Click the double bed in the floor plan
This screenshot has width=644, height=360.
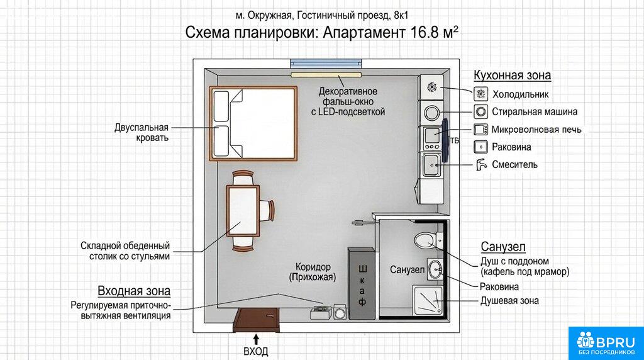(x=253, y=123)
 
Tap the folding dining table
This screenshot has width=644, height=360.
(x=243, y=211)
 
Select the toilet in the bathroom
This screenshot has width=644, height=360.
(x=428, y=240)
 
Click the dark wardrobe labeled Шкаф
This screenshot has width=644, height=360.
(x=362, y=283)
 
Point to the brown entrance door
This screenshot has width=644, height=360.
(x=257, y=320)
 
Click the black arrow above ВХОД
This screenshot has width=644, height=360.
(x=257, y=339)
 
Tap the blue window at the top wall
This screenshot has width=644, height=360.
(x=326, y=64)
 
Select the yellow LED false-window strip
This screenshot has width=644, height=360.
(x=326, y=75)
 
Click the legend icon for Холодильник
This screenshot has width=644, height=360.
(x=480, y=94)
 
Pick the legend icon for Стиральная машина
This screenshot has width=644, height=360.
(x=480, y=111)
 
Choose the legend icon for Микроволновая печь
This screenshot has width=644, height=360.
(x=480, y=130)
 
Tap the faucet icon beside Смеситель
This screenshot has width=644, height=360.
(x=481, y=164)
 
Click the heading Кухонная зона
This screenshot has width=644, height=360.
(x=512, y=75)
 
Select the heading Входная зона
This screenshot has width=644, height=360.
(x=134, y=291)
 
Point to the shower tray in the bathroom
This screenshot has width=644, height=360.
(x=428, y=301)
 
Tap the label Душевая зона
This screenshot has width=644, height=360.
(x=509, y=301)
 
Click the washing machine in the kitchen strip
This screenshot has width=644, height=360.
(x=431, y=112)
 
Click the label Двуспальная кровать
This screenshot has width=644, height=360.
(x=142, y=132)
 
